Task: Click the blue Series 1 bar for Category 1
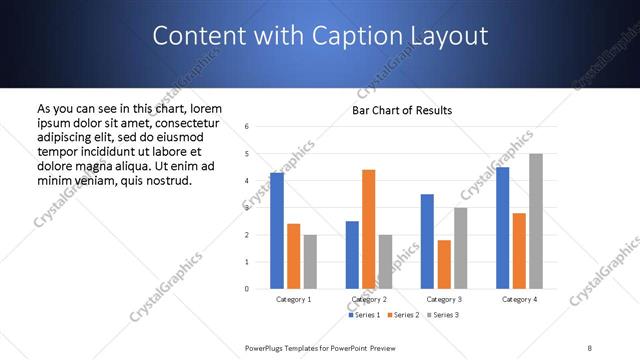[x=277, y=231]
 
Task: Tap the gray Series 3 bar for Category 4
[x=536, y=221]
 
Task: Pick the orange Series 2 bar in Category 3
[x=444, y=265]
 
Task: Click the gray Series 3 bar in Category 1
[x=310, y=262]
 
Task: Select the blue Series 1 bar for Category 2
[x=352, y=255]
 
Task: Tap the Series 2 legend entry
[x=402, y=315]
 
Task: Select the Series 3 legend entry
[x=442, y=315]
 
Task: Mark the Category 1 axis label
[x=293, y=299]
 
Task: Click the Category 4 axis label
[x=519, y=299]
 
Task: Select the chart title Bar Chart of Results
[x=402, y=109]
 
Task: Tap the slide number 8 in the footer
[x=589, y=346]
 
